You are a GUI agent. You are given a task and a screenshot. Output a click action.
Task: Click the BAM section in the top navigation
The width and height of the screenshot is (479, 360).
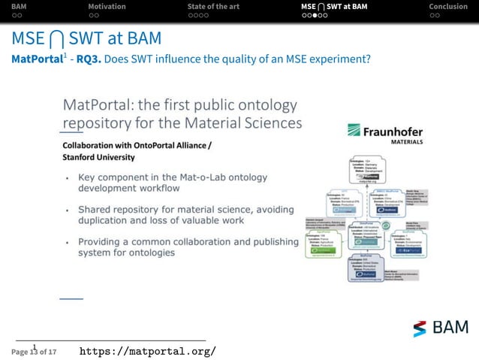click(x=19, y=7)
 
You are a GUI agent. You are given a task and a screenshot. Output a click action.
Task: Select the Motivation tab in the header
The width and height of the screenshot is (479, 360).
click(x=107, y=7)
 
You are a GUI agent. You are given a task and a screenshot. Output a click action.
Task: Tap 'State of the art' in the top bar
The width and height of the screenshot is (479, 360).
click(x=213, y=7)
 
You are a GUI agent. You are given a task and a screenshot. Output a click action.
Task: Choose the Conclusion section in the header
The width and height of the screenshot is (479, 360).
click(x=447, y=7)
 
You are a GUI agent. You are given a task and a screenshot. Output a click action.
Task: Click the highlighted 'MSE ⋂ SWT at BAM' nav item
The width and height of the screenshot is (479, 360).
click(x=334, y=7)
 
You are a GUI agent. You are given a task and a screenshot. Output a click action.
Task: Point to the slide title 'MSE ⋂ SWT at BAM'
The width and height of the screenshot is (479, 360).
click(x=86, y=38)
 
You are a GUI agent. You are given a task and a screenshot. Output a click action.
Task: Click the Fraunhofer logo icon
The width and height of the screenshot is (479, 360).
click(x=354, y=131)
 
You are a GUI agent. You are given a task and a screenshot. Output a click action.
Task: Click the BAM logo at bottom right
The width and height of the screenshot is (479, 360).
click(x=441, y=328)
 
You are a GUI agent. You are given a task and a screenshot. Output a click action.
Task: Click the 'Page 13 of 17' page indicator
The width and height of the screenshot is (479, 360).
click(x=34, y=351)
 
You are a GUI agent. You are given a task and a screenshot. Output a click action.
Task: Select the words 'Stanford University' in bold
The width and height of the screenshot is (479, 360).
click(x=98, y=157)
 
